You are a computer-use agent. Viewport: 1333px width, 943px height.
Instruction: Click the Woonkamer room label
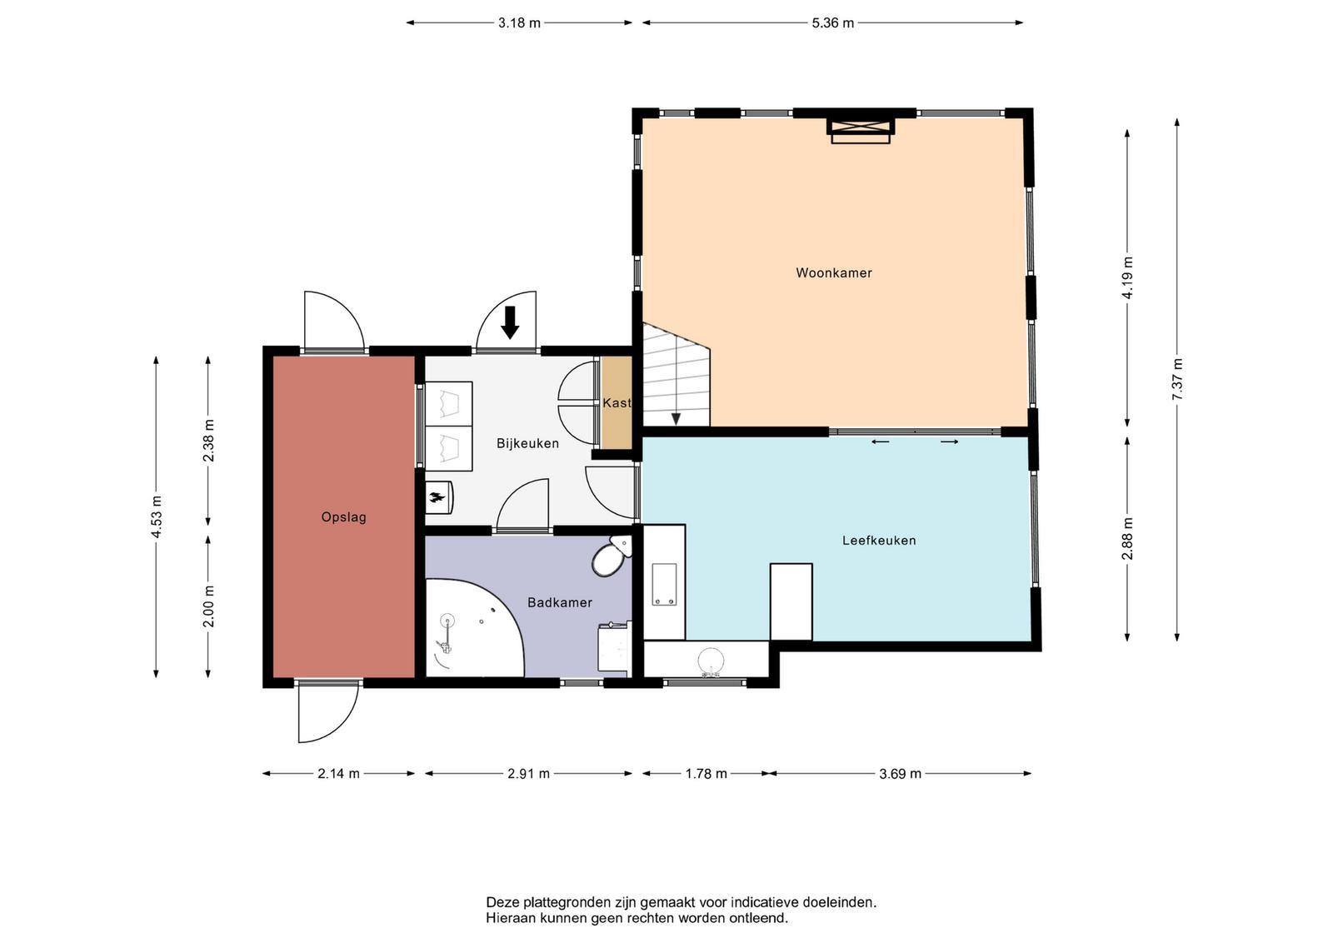point(834,273)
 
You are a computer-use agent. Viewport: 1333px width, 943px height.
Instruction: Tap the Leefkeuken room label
point(879,540)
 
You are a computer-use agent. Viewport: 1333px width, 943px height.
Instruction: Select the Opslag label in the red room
point(343,517)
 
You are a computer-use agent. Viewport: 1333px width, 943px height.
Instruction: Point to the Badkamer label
point(559,602)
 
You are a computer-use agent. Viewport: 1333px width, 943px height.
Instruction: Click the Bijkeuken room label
point(528,443)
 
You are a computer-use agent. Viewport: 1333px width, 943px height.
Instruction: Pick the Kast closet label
point(617,403)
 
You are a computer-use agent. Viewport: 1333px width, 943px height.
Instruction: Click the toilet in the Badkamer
point(612,556)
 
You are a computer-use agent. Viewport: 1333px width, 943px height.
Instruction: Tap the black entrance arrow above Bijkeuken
point(510,322)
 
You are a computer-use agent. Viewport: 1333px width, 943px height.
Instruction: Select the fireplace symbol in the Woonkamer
point(861,131)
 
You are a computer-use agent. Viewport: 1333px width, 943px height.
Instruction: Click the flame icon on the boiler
point(438,496)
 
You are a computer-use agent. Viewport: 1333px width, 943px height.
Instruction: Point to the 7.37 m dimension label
point(1177,379)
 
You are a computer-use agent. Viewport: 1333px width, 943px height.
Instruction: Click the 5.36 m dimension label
point(832,23)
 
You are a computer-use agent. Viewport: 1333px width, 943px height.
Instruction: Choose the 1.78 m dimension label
point(706,773)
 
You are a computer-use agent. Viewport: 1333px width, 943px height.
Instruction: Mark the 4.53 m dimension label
point(156,516)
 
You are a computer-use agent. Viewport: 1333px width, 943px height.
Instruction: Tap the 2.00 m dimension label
point(208,606)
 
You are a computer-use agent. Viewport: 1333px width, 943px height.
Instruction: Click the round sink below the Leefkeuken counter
point(711,661)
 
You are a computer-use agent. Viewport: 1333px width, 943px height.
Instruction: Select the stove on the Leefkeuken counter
point(664,584)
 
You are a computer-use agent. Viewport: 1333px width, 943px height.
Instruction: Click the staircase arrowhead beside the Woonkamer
point(676,420)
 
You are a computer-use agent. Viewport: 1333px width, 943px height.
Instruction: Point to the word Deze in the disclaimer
point(499,902)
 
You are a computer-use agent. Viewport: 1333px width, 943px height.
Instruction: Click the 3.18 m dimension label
point(519,23)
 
